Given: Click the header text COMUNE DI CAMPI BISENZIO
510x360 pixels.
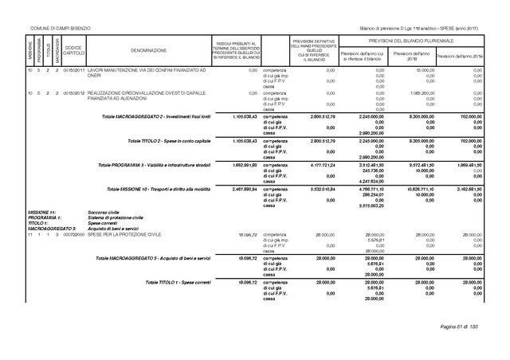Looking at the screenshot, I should [60, 29].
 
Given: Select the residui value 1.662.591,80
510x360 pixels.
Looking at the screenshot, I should [237, 165].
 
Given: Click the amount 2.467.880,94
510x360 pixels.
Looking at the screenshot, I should [237, 189].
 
